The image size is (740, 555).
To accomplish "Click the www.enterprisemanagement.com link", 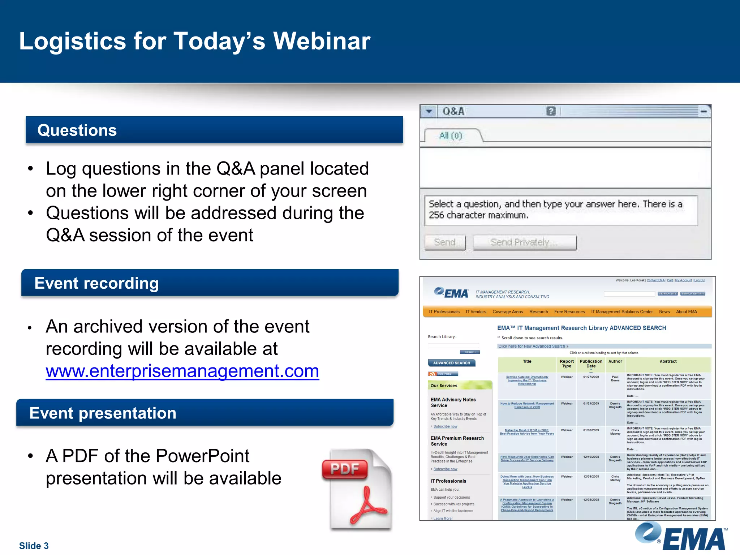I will (182, 371).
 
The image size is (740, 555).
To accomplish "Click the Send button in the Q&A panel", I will (444, 242).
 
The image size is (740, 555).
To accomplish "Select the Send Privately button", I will (524, 242).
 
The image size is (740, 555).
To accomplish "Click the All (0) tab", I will (451, 135).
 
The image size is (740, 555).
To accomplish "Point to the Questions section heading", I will (77, 130).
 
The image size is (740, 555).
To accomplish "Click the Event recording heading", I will (96, 283).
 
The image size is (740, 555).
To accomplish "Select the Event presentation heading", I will (103, 413).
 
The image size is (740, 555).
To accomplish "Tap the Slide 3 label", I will (34, 545).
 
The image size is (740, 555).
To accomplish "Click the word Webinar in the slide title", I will (322, 41).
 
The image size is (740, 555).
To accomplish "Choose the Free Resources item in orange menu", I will (569, 312).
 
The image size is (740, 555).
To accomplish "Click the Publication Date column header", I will (591, 363).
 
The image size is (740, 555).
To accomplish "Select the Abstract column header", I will (668, 361).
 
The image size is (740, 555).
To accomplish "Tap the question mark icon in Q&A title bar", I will (551, 111).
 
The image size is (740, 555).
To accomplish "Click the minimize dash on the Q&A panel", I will (703, 112).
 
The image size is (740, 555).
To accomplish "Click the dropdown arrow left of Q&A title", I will (429, 111).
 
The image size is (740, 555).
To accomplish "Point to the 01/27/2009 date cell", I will (591, 377).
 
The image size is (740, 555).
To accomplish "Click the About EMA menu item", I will (686, 312).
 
